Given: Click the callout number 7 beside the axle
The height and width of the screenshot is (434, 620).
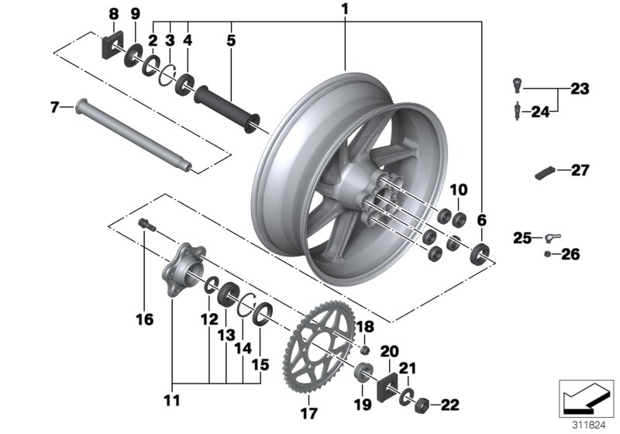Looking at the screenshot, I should pos(54,107).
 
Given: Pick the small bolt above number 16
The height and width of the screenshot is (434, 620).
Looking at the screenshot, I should pos(146,225).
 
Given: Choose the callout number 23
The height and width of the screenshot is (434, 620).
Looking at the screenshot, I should pos(580,90).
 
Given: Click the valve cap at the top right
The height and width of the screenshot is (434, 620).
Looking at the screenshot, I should pos(517,83).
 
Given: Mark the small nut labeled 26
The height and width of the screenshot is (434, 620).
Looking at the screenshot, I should pos(548,253).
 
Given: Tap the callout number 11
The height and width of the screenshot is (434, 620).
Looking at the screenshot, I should pos(171,401).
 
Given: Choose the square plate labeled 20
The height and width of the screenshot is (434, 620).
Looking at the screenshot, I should pos(388,386).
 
